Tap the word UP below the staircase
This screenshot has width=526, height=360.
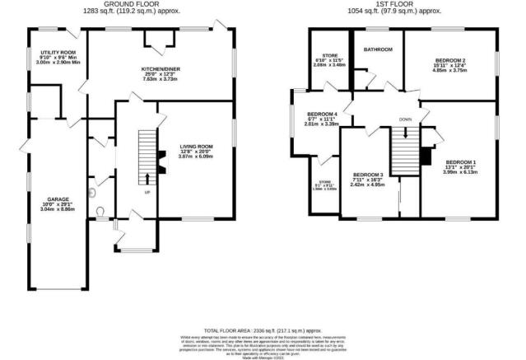147,192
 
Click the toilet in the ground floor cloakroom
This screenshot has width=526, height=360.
99,211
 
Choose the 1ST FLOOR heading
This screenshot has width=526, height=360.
400,4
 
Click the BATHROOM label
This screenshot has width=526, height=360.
379,50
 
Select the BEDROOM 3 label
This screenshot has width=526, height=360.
367,175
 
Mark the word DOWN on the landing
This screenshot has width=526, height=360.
405,119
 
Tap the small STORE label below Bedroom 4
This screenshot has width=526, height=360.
326,184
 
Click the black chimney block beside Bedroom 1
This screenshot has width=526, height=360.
425,157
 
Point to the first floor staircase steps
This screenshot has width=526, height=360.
403,152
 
